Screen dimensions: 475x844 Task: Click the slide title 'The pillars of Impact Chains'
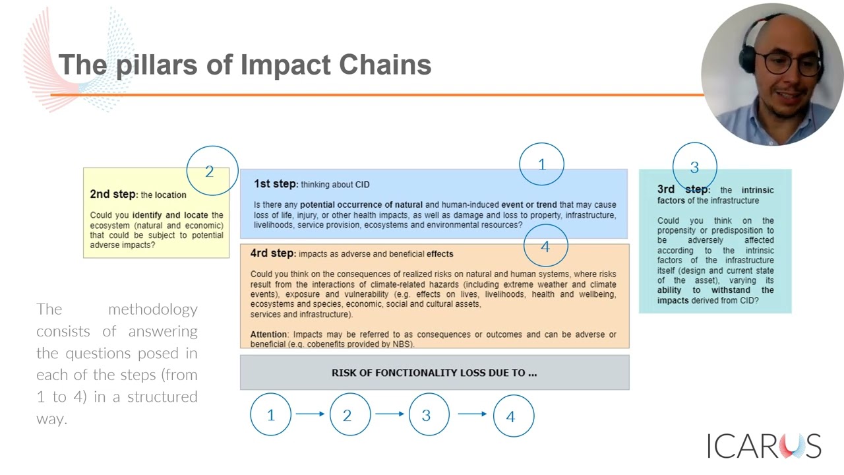(x=245, y=65)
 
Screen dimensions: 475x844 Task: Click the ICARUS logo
(x=764, y=446)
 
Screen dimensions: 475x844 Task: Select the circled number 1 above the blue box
(x=541, y=164)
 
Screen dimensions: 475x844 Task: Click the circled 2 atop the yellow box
(x=210, y=171)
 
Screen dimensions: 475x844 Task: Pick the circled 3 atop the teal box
(x=694, y=167)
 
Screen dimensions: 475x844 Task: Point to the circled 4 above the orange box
(x=545, y=246)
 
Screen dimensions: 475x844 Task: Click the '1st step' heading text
(x=276, y=184)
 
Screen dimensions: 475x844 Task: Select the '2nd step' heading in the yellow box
(x=113, y=194)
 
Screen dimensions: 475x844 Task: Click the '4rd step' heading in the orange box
(x=272, y=253)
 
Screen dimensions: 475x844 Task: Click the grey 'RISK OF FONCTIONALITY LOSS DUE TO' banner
(x=434, y=373)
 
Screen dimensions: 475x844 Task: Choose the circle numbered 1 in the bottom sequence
(x=270, y=415)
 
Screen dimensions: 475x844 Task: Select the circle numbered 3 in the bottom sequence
(x=427, y=415)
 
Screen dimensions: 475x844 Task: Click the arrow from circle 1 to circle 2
(x=310, y=414)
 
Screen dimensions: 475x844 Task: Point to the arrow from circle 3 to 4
(x=472, y=414)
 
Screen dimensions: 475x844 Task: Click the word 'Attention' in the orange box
(x=268, y=334)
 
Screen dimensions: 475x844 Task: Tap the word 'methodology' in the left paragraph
(x=152, y=309)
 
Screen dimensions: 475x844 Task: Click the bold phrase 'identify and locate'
(x=170, y=215)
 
